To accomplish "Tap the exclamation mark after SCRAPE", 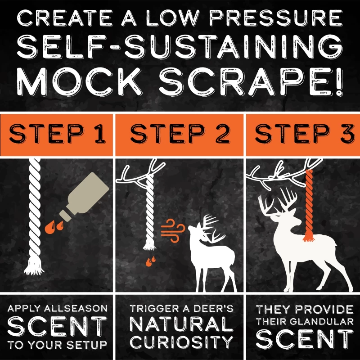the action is [x=338, y=82].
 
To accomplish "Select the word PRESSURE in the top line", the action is [x=276, y=18].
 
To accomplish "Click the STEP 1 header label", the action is [x=58, y=134].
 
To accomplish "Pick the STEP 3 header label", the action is [x=305, y=134].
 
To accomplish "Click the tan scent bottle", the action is [x=84, y=197].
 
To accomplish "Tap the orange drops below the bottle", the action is [x=54, y=227].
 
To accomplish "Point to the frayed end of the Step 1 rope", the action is [x=34, y=266].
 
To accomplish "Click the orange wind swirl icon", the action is [x=173, y=231].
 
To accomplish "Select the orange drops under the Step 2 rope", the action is [x=151, y=261].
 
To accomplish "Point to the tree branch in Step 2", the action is [x=140, y=173].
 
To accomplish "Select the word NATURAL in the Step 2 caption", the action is [x=181, y=324].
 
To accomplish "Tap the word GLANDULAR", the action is [x=321, y=321].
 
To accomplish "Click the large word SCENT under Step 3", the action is [x=305, y=339].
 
